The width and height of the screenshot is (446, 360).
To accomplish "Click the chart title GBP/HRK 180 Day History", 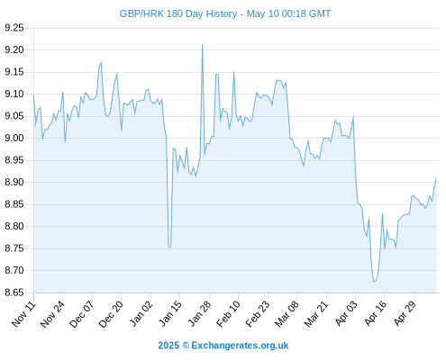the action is [178, 13].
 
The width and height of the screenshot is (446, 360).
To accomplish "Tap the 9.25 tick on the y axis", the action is [14, 28].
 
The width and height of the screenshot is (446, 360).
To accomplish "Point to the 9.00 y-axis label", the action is [14, 138].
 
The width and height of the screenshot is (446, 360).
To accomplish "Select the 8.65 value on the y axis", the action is [14, 292].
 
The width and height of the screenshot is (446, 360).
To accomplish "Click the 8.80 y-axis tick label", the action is [14, 226].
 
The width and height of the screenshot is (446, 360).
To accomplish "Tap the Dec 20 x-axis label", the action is [112, 314].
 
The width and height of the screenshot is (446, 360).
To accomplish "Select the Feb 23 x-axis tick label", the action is [258, 314].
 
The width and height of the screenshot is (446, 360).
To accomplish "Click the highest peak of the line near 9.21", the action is [202, 45].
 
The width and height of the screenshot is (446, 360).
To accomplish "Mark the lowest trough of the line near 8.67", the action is [374, 282].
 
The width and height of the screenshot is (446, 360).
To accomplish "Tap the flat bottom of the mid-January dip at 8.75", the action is [169, 247].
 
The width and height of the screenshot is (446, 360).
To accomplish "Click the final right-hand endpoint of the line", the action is [436, 177].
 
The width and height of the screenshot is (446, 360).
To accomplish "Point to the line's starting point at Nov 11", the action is [33, 94].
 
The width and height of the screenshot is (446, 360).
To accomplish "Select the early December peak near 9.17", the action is [101, 62].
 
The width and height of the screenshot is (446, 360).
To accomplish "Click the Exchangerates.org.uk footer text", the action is [240, 346].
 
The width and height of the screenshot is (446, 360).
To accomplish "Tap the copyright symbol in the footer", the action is [186, 346].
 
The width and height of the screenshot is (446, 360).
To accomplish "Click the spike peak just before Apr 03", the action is [353, 115].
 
